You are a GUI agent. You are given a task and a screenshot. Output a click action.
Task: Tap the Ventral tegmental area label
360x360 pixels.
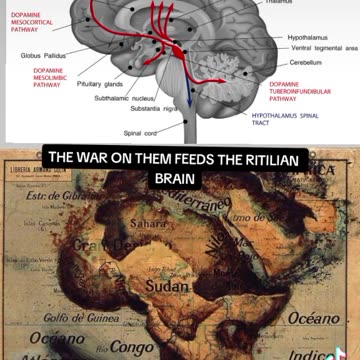[317, 47]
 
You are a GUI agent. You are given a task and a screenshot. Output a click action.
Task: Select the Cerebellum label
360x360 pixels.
[291, 61]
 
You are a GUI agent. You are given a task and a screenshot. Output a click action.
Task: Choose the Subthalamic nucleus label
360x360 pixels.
[124, 99]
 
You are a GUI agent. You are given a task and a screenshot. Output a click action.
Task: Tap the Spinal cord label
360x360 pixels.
[140, 132]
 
